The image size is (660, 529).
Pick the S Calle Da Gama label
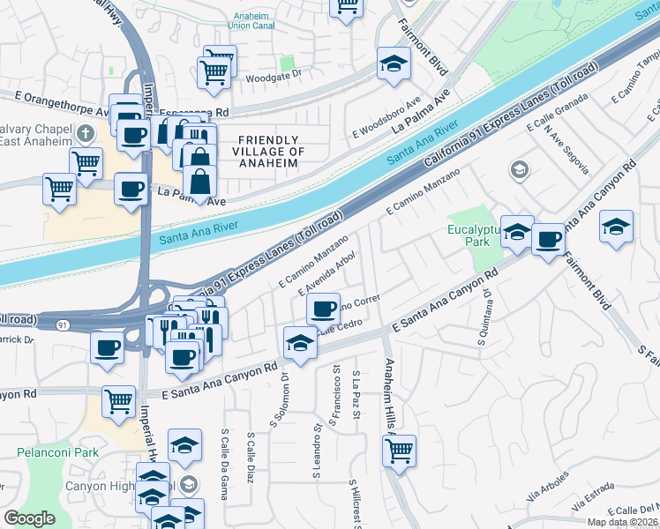pyautogui.click(x=226, y=456)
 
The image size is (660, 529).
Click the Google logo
pyautogui.click(x=29, y=518)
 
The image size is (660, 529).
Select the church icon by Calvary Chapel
pyautogui.click(x=85, y=133)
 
